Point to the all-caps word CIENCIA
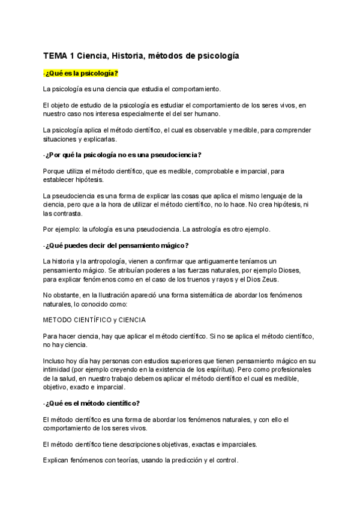pos(129,319)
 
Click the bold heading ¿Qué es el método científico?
pos(92,402)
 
